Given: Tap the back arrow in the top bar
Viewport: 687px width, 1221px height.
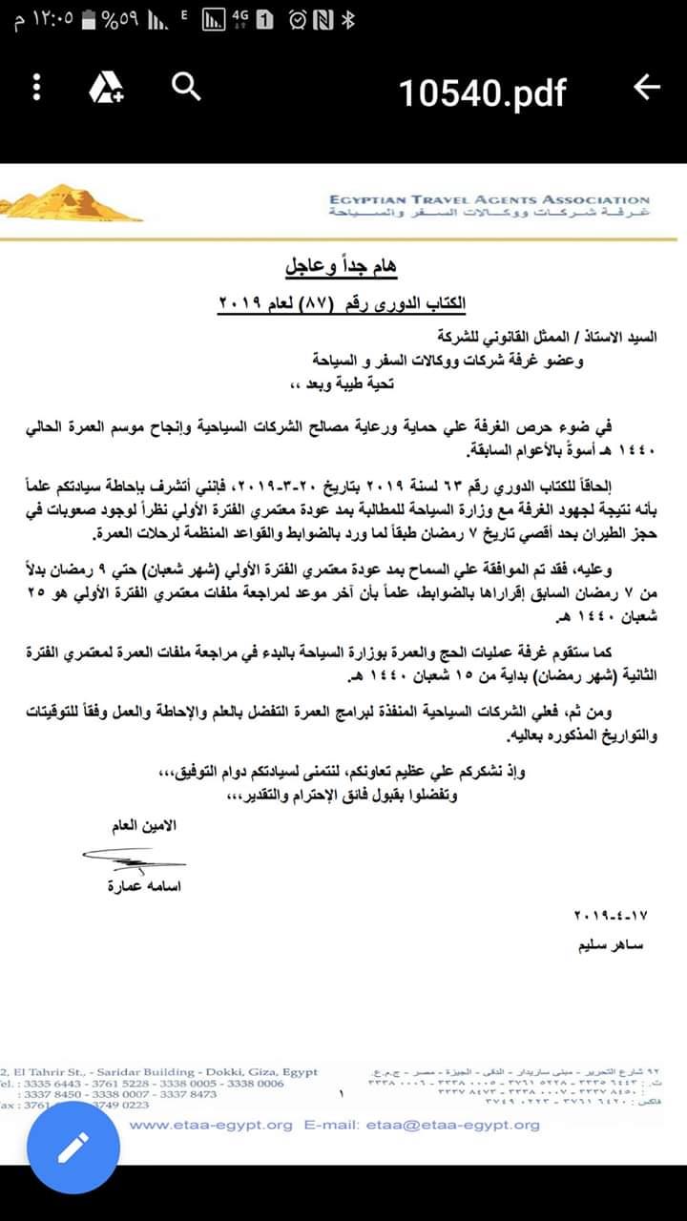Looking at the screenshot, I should click(646, 88).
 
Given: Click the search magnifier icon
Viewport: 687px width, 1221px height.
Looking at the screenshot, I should click(186, 88).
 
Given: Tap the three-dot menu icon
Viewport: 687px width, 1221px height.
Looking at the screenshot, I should click(37, 89).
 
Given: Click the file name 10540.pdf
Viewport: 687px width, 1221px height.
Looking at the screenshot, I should click(482, 93).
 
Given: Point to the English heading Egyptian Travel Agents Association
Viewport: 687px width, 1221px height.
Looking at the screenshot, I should click(489, 199).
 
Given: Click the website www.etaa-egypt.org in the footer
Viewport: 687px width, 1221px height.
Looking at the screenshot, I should click(211, 1125).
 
